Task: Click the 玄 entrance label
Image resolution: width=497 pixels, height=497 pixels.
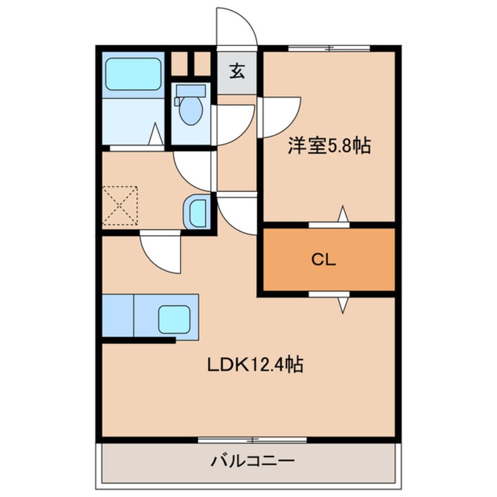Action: [x=237, y=72]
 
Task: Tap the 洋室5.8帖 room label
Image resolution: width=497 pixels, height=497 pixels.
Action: [x=328, y=146]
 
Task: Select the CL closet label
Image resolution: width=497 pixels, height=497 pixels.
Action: [x=323, y=260]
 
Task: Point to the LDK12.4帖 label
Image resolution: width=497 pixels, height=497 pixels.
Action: [x=254, y=365]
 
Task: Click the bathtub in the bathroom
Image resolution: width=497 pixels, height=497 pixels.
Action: [x=133, y=73]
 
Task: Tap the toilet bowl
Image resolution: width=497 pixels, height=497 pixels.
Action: [x=190, y=110]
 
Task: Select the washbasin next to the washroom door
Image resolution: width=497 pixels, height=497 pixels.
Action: [x=196, y=212]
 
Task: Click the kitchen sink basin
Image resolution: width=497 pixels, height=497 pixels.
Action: [x=174, y=320]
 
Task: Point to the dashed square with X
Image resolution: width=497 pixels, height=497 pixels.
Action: [x=120, y=206]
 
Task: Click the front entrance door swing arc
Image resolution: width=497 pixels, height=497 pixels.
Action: [x=236, y=26]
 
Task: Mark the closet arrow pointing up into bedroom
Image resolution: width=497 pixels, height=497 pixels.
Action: [x=343, y=215]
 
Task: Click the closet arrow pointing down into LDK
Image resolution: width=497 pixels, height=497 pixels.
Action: [x=343, y=304]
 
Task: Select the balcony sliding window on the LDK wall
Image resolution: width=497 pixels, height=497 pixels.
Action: [x=252, y=439]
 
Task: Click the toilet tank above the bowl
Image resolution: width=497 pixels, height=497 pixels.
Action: [x=190, y=90]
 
